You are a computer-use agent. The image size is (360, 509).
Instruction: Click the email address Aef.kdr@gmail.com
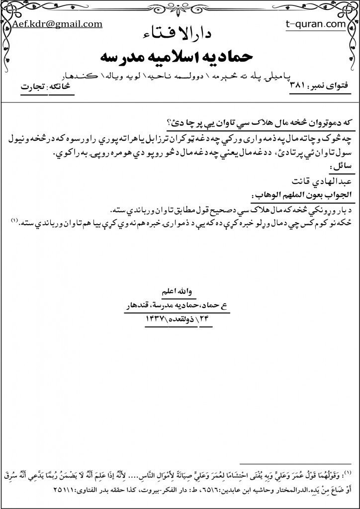[58, 23]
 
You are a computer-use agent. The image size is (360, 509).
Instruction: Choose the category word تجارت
[32, 85]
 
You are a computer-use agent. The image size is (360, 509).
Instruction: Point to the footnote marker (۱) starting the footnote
[348, 471]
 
